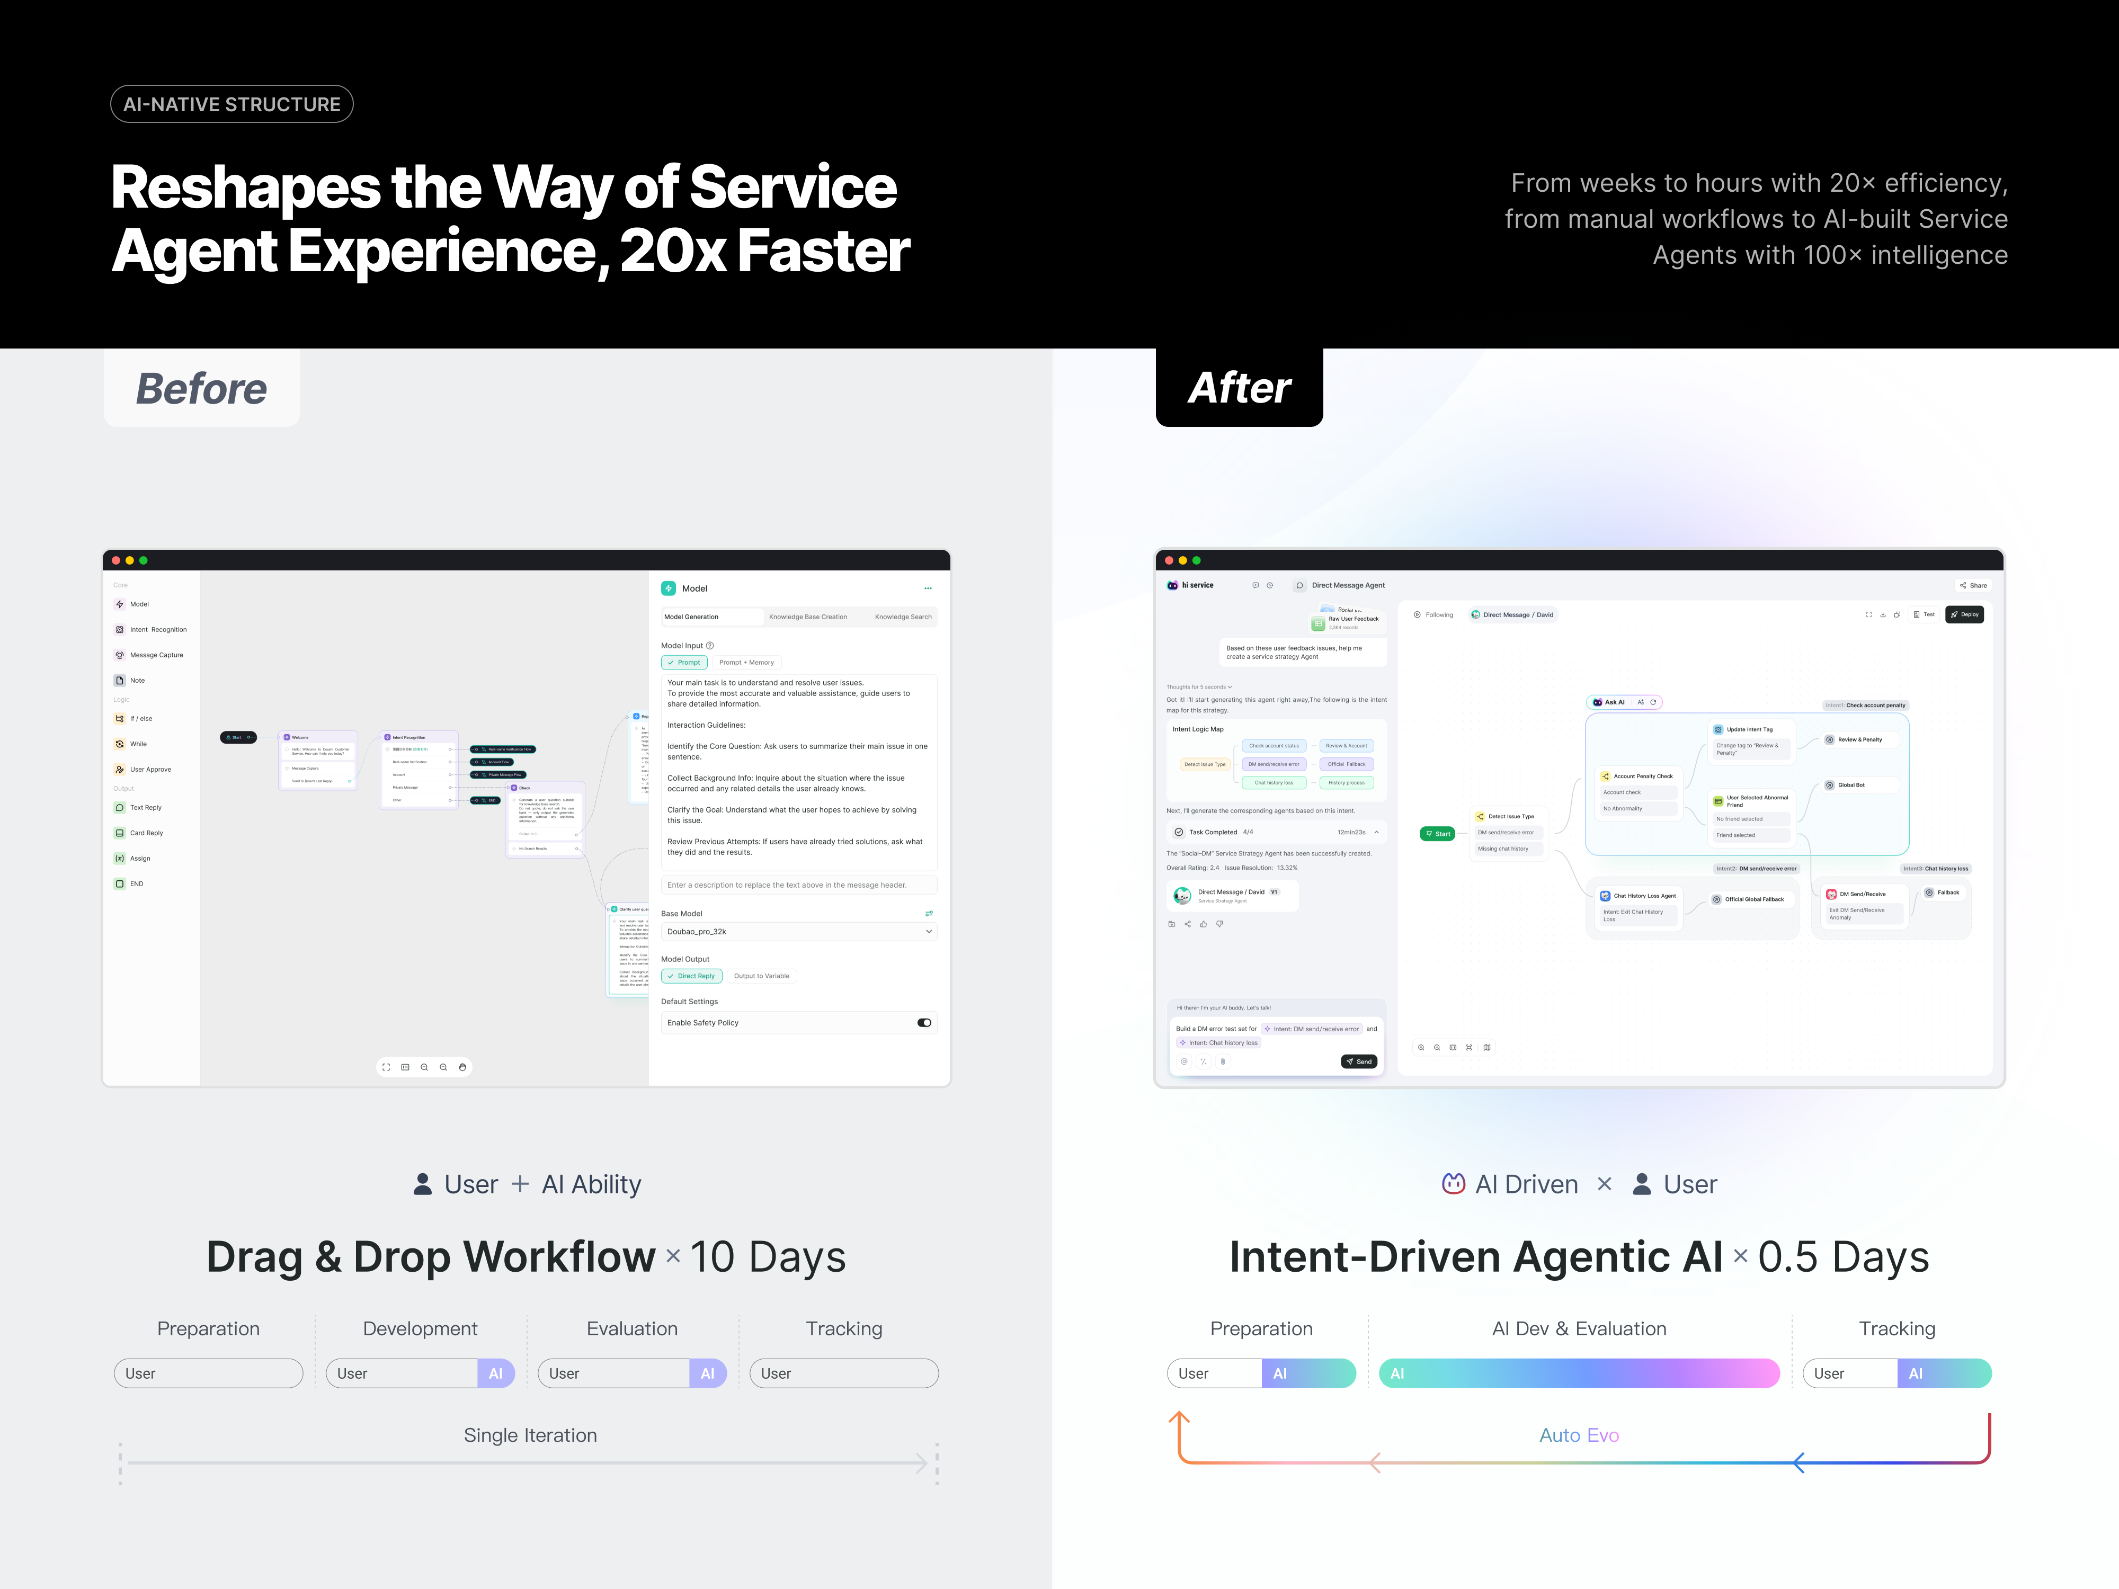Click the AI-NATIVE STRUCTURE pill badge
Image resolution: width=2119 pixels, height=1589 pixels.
point(232,104)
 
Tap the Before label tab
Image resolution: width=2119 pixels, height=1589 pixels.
point(201,388)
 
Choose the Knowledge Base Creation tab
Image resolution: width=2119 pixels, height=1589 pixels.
point(807,617)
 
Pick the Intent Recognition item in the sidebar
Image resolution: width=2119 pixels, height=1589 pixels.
point(158,629)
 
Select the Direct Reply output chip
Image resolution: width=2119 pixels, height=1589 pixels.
point(691,976)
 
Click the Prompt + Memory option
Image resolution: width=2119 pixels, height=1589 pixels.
point(746,662)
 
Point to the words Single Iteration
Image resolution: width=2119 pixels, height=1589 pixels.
point(530,1435)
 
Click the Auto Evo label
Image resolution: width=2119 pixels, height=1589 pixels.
point(1579,1435)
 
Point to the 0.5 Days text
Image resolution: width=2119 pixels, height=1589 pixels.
point(1843,1257)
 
